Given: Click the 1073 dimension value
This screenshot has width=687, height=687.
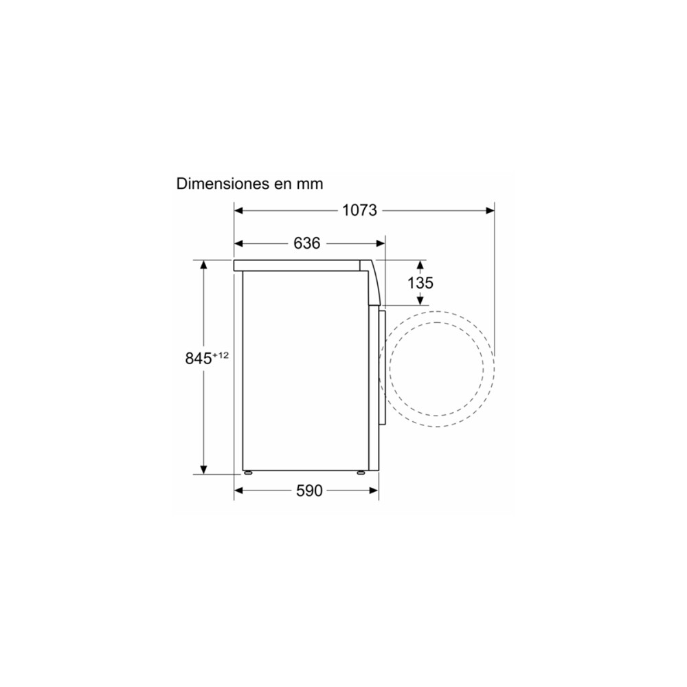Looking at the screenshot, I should [360, 211].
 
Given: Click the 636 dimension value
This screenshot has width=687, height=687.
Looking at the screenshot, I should [307, 243].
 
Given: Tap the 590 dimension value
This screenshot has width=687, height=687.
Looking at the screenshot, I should [308, 491].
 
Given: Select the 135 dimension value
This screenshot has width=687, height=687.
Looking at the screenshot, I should [420, 282].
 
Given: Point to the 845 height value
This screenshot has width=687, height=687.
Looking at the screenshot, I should [198, 359].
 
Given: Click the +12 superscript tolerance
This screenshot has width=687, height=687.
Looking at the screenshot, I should [220, 354].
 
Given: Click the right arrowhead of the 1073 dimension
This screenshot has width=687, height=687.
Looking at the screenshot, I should [490, 211].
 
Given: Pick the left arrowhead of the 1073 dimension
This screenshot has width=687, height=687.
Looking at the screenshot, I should [240, 211].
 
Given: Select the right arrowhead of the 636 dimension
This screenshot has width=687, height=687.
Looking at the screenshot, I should [380, 243].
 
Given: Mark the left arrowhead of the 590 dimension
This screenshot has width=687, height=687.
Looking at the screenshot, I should [240, 491].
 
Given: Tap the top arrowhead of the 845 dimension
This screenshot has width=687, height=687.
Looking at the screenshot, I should [203, 265].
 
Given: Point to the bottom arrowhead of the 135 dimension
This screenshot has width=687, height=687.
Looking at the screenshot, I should [420, 300].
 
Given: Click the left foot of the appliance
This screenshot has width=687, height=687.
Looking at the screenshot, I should [247, 473].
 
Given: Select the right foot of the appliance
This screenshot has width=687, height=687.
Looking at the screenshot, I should [361, 473].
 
